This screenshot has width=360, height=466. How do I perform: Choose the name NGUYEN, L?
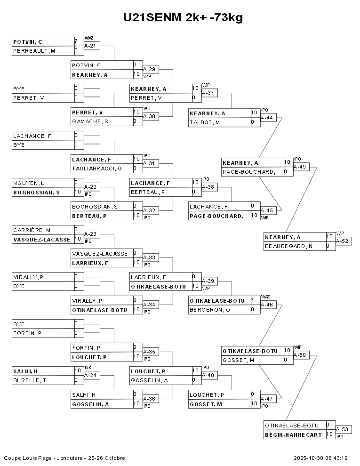[x=29, y=183]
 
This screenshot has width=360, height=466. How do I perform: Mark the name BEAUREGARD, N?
[x=289, y=246]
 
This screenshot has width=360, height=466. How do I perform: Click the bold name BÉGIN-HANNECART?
[x=293, y=434]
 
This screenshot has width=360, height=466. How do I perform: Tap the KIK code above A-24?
[x=88, y=368]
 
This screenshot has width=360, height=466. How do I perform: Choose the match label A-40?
[x=208, y=375]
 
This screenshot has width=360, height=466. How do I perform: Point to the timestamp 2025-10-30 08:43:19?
[x=320, y=458]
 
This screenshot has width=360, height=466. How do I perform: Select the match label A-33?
[x=149, y=257]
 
